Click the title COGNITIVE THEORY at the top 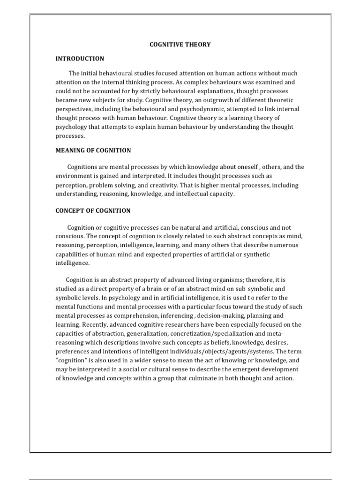tap(180, 45)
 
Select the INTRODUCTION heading tap(80, 59)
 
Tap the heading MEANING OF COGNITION tap(93, 150)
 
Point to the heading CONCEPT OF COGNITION tap(93, 211)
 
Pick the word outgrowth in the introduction tap(193, 100)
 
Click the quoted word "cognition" tap(72, 360)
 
